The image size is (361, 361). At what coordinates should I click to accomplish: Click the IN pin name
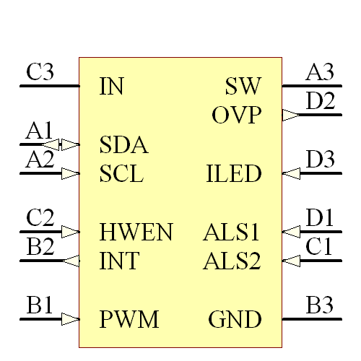click(111, 87)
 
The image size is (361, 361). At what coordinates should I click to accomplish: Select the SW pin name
click(243, 87)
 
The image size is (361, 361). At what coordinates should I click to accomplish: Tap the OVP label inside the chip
click(236, 116)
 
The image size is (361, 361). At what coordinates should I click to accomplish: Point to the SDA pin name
click(123, 145)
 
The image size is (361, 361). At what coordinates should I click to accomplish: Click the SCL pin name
click(121, 174)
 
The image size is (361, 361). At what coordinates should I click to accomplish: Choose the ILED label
click(233, 174)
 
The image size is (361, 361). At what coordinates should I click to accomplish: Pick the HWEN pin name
click(136, 232)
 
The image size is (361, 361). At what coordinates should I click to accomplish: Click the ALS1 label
click(232, 232)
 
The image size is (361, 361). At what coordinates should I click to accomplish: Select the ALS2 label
click(232, 261)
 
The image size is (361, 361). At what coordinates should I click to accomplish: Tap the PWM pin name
click(129, 319)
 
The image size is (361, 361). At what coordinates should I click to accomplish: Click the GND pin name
click(235, 319)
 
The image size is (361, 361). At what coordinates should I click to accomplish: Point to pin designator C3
click(40, 73)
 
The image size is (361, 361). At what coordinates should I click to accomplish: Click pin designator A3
click(320, 73)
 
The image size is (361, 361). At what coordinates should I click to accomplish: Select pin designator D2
click(320, 102)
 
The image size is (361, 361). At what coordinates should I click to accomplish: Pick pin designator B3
click(320, 305)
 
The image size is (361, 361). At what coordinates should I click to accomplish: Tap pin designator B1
click(40, 305)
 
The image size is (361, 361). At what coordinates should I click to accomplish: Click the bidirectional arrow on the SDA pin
click(64, 144)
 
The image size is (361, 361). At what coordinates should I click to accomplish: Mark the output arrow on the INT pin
click(71, 261)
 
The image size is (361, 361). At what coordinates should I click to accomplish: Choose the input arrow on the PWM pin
click(70, 319)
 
